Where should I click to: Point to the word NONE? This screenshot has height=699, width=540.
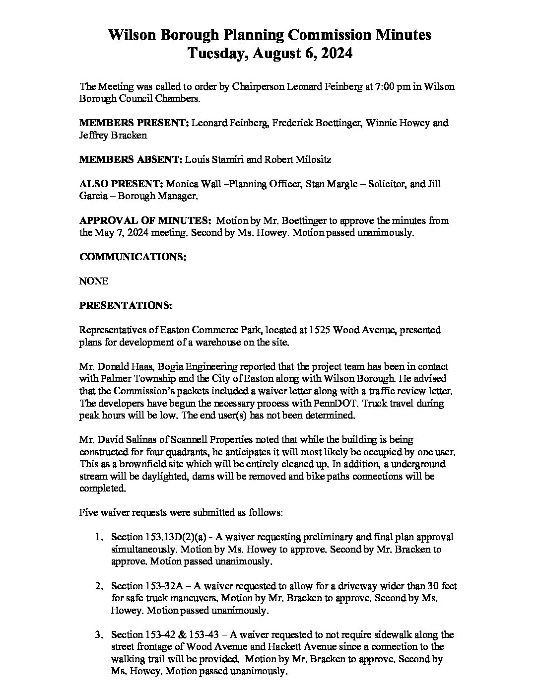point(94,281)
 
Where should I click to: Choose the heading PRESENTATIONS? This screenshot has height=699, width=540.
point(126,306)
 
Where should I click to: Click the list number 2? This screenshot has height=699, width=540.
point(99,586)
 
